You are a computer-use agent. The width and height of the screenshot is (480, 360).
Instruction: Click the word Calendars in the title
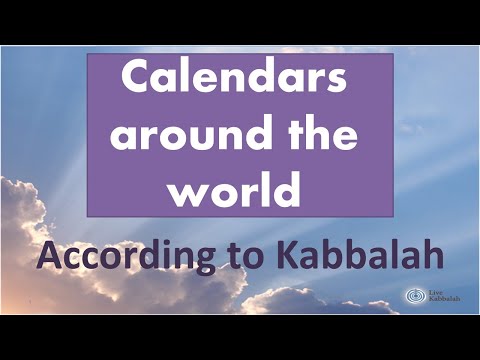tap(240, 83)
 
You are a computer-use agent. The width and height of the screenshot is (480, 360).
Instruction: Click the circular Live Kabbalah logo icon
tap(413, 296)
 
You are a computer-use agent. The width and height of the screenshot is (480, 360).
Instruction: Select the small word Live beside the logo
tap(433, 291)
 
